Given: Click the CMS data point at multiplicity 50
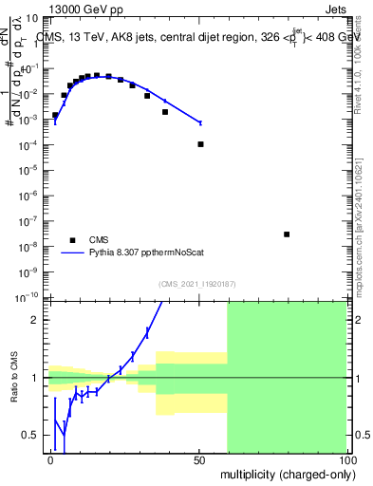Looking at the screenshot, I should pyautogui.click(x=200, y=144).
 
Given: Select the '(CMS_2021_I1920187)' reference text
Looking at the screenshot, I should pyautogui.click(x=197, y=284).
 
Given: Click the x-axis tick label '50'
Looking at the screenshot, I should pyautogui.click(x=198, y=458).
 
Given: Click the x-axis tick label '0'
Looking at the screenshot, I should pyautogui.click(x=51, y=458).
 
